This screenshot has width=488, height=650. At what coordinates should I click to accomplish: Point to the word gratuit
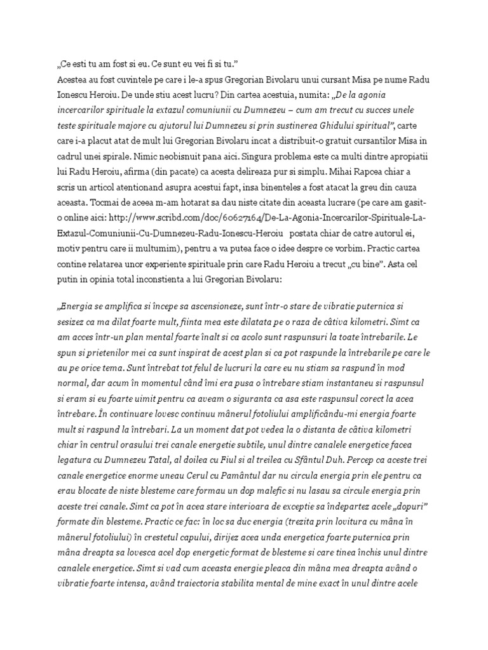pyautogui.click(x=330, y=136)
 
